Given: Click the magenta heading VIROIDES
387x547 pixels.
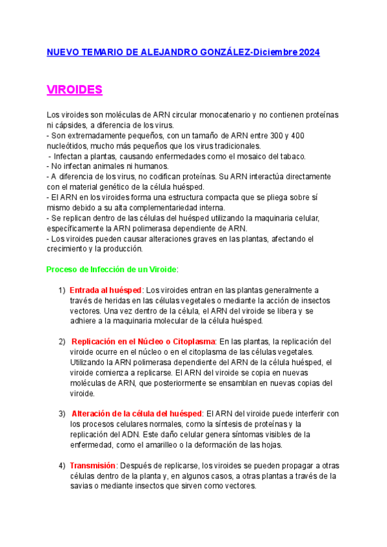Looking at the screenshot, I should click(x=75, y=89).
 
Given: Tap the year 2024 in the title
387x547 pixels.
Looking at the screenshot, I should click(x=309, y=52).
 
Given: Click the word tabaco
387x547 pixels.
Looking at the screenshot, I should click(x=290, y=156).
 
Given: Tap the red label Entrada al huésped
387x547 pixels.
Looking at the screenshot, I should click(x=105, y=290).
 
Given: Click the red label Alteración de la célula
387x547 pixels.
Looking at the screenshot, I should click(x=136, y=413).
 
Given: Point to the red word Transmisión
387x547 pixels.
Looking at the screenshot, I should click(x=92, y=466).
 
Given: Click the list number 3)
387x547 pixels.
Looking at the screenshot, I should click(x=62, y=413).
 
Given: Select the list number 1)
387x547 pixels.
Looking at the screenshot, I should click(x=62, y=290).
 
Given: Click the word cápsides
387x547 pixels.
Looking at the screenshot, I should click(x=72, y=125).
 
